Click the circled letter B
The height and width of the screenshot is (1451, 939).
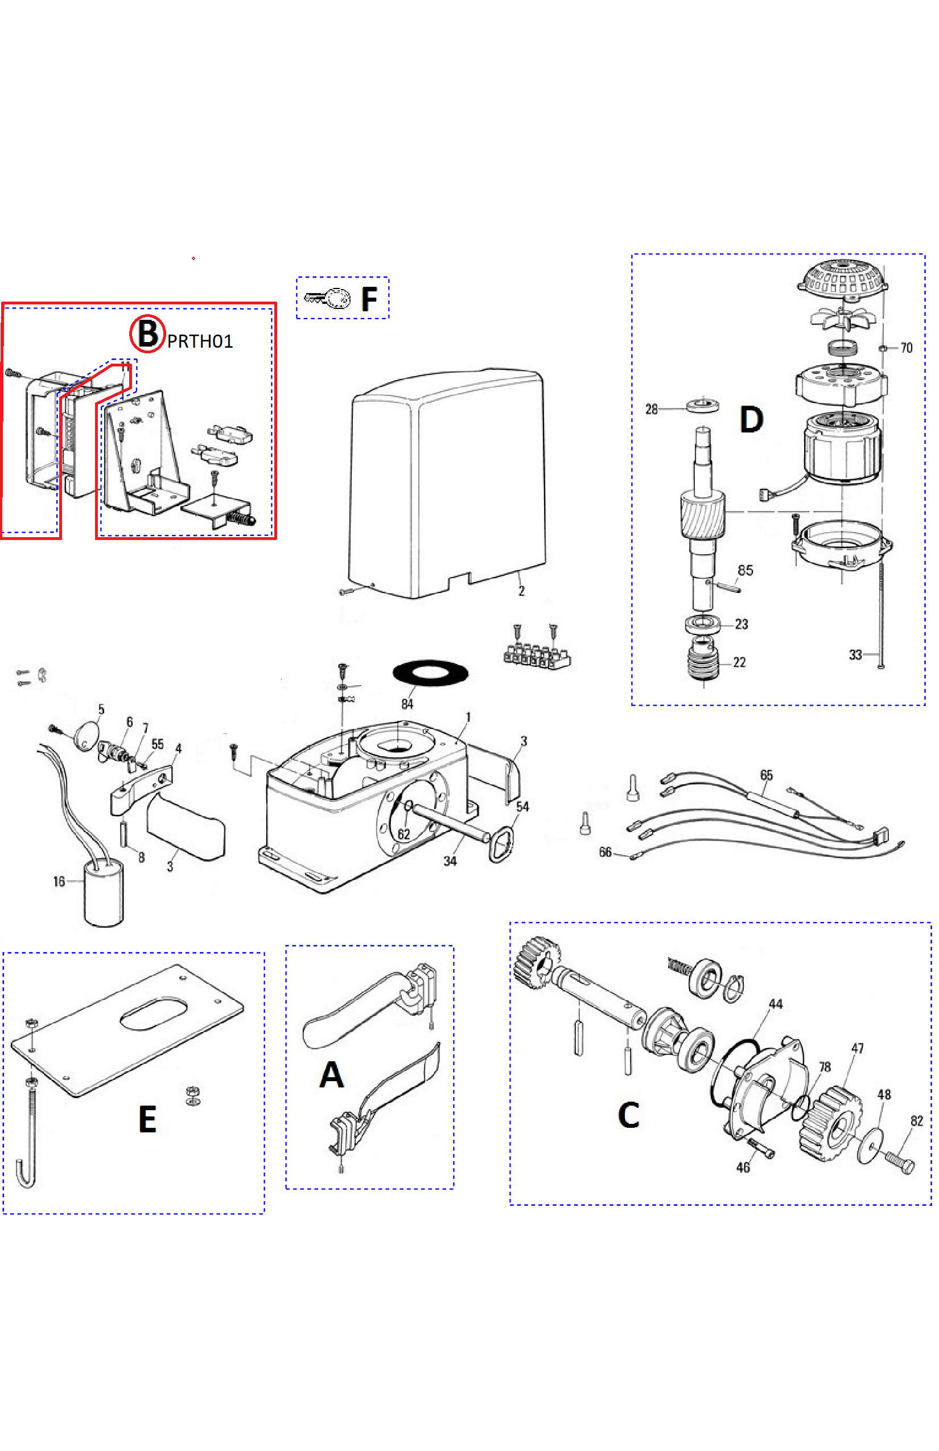click(147, 334)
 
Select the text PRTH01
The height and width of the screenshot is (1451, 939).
click(200, 341)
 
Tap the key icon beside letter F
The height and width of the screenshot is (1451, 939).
click(327, 298)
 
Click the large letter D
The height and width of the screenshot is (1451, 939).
click(751, 419)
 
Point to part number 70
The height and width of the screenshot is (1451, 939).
click(906, 348)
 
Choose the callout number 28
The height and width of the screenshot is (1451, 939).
click(651, 409)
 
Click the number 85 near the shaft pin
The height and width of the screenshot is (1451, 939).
click(745, 570)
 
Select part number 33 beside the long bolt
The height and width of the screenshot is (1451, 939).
click(855, 655)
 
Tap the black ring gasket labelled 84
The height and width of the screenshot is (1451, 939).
click(430, 673)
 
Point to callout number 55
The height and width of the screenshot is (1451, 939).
click(157, 744)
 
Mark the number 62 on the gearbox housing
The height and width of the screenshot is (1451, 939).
click(403, 834)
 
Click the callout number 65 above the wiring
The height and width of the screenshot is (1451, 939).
click(767, 775)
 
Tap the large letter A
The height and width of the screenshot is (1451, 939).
click(332, 1074)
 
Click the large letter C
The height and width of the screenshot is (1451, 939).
click(629, 1115)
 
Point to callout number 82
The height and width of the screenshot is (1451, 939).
click(916, 1120)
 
